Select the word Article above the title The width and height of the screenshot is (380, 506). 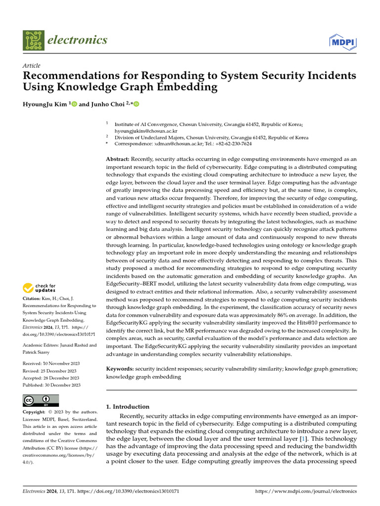32,66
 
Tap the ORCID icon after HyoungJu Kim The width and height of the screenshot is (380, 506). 75,104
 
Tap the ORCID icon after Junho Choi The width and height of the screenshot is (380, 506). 137,104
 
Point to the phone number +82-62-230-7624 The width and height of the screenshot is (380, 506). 231,144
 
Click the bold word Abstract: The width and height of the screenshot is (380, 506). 118,159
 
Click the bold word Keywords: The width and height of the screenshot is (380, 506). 120,369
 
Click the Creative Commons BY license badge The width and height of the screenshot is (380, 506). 41,400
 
